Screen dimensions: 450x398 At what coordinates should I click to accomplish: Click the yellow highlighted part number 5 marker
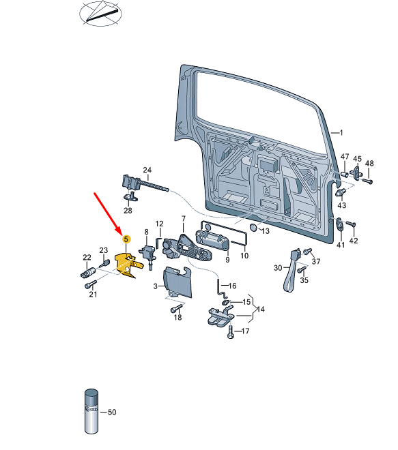click(126, 239)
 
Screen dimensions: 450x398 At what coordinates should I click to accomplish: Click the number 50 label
click(113, 412)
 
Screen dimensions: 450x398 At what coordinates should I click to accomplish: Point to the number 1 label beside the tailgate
click(341, 132)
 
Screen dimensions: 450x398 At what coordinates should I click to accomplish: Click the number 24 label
click(147, 170)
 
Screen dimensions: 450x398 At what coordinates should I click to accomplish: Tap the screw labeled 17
click(231, 332)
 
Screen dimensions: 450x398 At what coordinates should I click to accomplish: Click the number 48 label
click(369, 164)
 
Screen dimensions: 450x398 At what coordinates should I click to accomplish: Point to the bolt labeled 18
click(174, 309)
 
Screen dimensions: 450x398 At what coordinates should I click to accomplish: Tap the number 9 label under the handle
click(227, 259)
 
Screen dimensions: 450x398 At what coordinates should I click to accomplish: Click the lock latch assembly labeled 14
click(221, 317)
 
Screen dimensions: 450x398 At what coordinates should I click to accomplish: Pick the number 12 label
click(159, 224)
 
